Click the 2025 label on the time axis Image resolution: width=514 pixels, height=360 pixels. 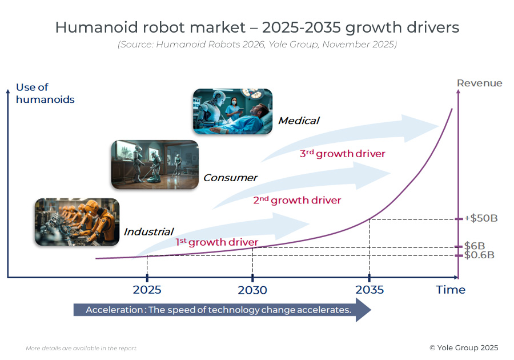tap(147, 290)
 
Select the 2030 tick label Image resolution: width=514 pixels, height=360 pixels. tap(252, 290)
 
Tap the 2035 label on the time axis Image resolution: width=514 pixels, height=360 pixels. tap(370, 290)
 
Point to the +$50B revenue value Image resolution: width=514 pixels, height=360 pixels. tap(480, 218)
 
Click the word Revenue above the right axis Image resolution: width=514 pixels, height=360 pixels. tap(480, 83)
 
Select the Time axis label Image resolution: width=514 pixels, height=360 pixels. tap(451, 290)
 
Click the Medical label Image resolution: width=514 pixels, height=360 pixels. tap(298, 121)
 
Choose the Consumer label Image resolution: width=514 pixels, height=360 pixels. tap(230, 178)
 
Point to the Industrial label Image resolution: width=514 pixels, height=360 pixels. tap(148, 231)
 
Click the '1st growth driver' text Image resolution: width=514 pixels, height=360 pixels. tap(216, 242)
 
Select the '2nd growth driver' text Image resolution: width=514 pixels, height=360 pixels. tap(297, 200)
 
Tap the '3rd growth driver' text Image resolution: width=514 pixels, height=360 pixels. tap(342, 154)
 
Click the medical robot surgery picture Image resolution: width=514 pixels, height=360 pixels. tap(232, 111)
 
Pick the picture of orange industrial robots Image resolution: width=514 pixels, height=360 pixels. tap(77, 222)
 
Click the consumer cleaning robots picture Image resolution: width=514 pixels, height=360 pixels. tap(154, 165)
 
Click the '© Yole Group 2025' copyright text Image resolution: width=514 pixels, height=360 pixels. tap(464, 347)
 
